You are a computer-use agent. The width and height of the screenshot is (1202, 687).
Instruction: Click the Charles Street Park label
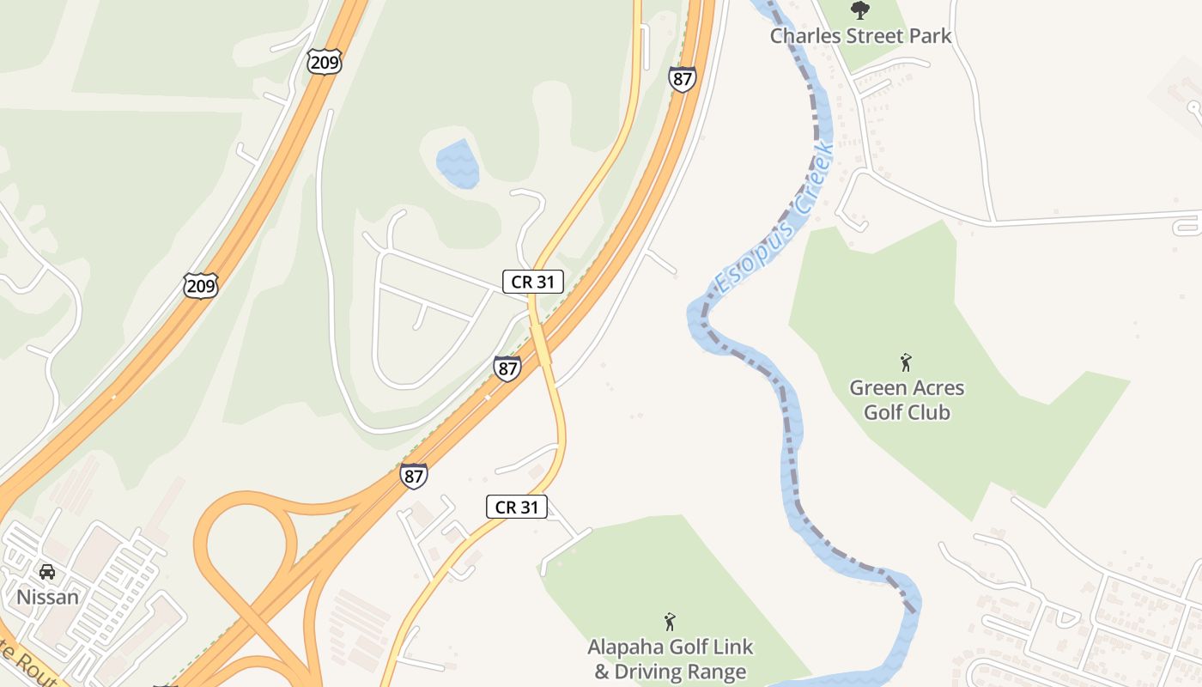pos(860,36)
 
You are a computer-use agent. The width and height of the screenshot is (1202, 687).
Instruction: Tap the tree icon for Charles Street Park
pos(859,10)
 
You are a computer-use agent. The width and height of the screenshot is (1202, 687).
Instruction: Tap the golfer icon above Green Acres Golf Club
pos(905,362)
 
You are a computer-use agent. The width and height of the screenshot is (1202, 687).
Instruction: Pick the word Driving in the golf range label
pos(649,672)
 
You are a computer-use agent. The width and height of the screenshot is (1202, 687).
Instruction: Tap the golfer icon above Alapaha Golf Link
pos(670,622)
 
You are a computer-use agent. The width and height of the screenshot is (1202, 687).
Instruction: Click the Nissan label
pos(47,597)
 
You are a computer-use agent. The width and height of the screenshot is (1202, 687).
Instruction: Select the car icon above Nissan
pos(47,572)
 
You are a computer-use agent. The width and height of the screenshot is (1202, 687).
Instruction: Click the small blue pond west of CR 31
pos(457,163)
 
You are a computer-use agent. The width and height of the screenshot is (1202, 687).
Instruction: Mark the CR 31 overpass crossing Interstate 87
pos(542,348)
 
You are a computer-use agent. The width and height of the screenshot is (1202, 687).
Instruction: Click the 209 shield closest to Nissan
pos(201,285)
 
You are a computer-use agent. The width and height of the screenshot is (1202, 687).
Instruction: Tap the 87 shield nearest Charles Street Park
pos(682,79)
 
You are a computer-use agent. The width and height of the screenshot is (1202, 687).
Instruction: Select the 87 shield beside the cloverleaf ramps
pos(414,476)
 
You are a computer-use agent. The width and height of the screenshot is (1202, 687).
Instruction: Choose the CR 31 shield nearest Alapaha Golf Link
pos(517,507)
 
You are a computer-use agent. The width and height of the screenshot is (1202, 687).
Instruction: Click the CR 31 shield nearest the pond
pos(532,281)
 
